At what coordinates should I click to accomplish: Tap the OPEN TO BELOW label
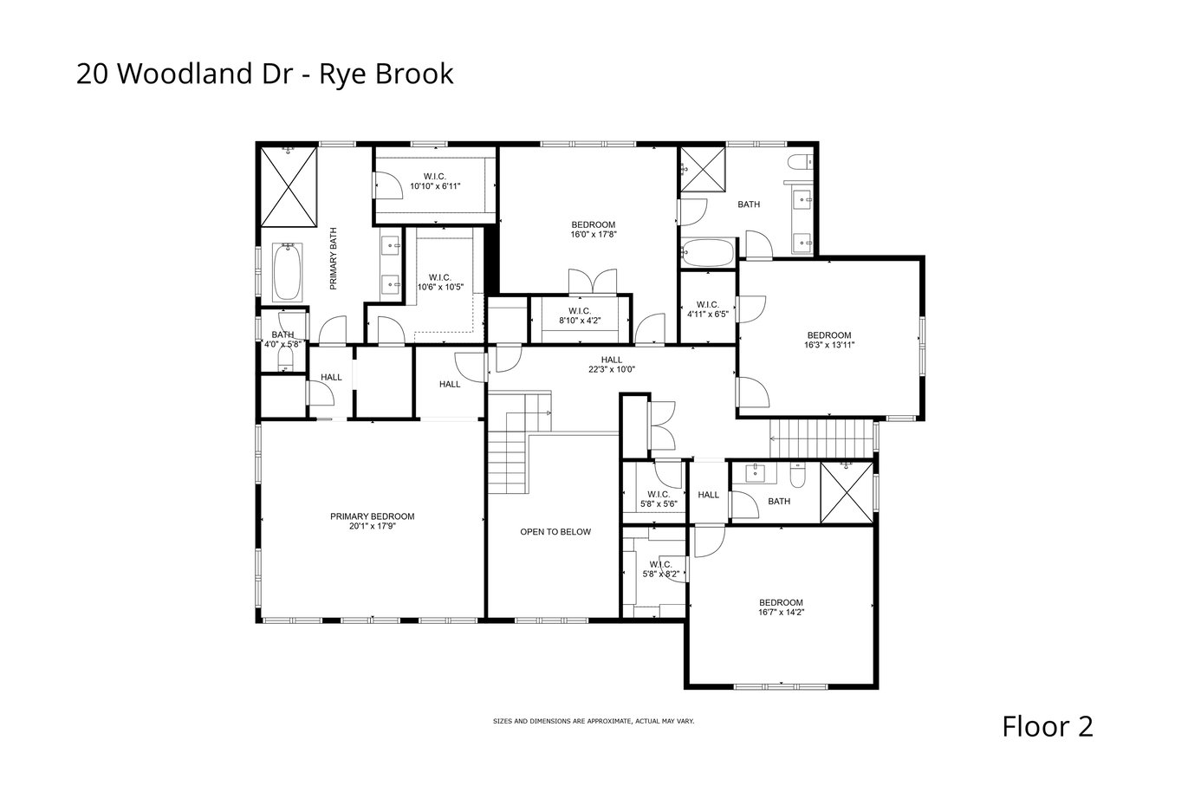555,531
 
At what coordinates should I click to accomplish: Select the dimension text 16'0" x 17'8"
594,234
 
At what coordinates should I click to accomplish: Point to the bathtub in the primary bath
288,273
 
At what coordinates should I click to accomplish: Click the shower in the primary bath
288,186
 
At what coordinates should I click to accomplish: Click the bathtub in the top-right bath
707,252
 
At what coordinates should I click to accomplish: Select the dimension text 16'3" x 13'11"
829,345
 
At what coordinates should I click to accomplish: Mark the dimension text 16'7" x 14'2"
782,612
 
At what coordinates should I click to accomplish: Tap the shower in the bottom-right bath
847,492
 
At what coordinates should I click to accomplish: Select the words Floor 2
1048,726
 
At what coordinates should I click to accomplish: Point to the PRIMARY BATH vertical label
334,259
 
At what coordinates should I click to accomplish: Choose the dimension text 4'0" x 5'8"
282,344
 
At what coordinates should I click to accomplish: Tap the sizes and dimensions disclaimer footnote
594,722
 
